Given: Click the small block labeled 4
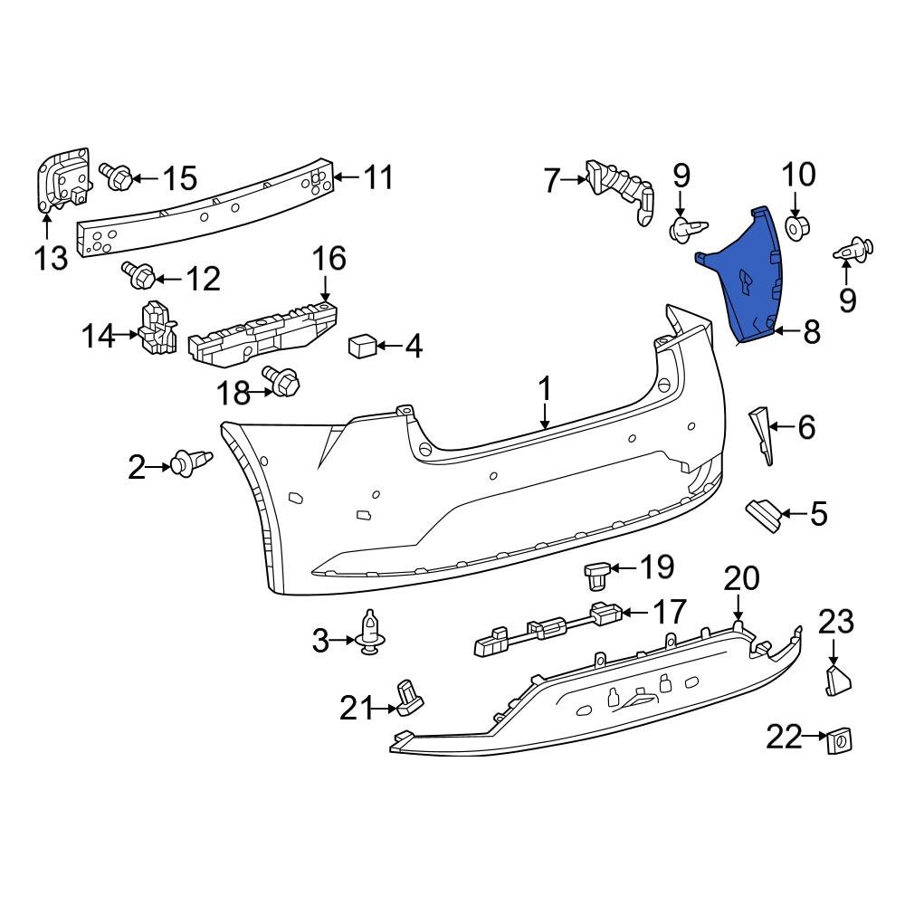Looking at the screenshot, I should tap(362, 346).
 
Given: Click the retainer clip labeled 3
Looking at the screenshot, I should tap(369, 632).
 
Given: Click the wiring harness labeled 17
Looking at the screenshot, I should tap(543, 629).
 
